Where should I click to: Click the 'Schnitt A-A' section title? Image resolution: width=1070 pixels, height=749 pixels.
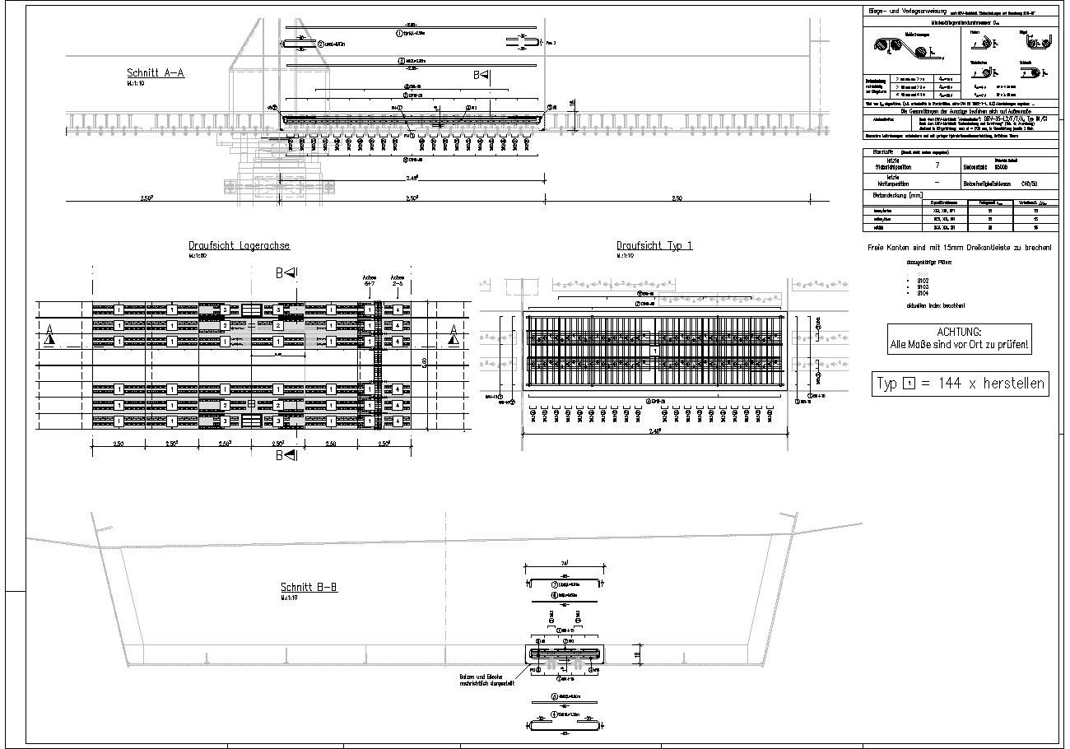point(156,73)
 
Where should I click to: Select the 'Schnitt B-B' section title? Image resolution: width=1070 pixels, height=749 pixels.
point(309,588)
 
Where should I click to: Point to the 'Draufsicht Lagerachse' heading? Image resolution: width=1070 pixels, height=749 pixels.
point(239,246)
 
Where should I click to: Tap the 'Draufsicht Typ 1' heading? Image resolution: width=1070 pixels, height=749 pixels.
point(654,246)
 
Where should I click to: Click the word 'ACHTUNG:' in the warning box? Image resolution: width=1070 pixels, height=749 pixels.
point(959,332)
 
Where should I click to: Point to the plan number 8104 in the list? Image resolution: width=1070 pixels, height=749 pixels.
point(923,292)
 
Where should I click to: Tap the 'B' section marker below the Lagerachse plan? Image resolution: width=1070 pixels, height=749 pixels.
point(280,454)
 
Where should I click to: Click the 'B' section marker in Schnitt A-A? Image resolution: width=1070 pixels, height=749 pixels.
point(477,75)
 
